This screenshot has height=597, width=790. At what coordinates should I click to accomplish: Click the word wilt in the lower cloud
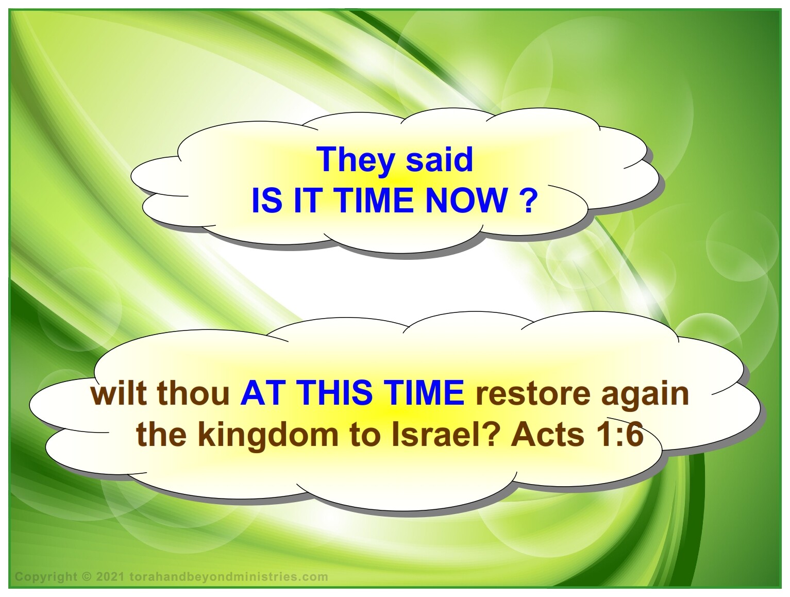(119, 393)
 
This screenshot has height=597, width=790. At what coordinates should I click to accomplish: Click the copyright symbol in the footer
(87, 576)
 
